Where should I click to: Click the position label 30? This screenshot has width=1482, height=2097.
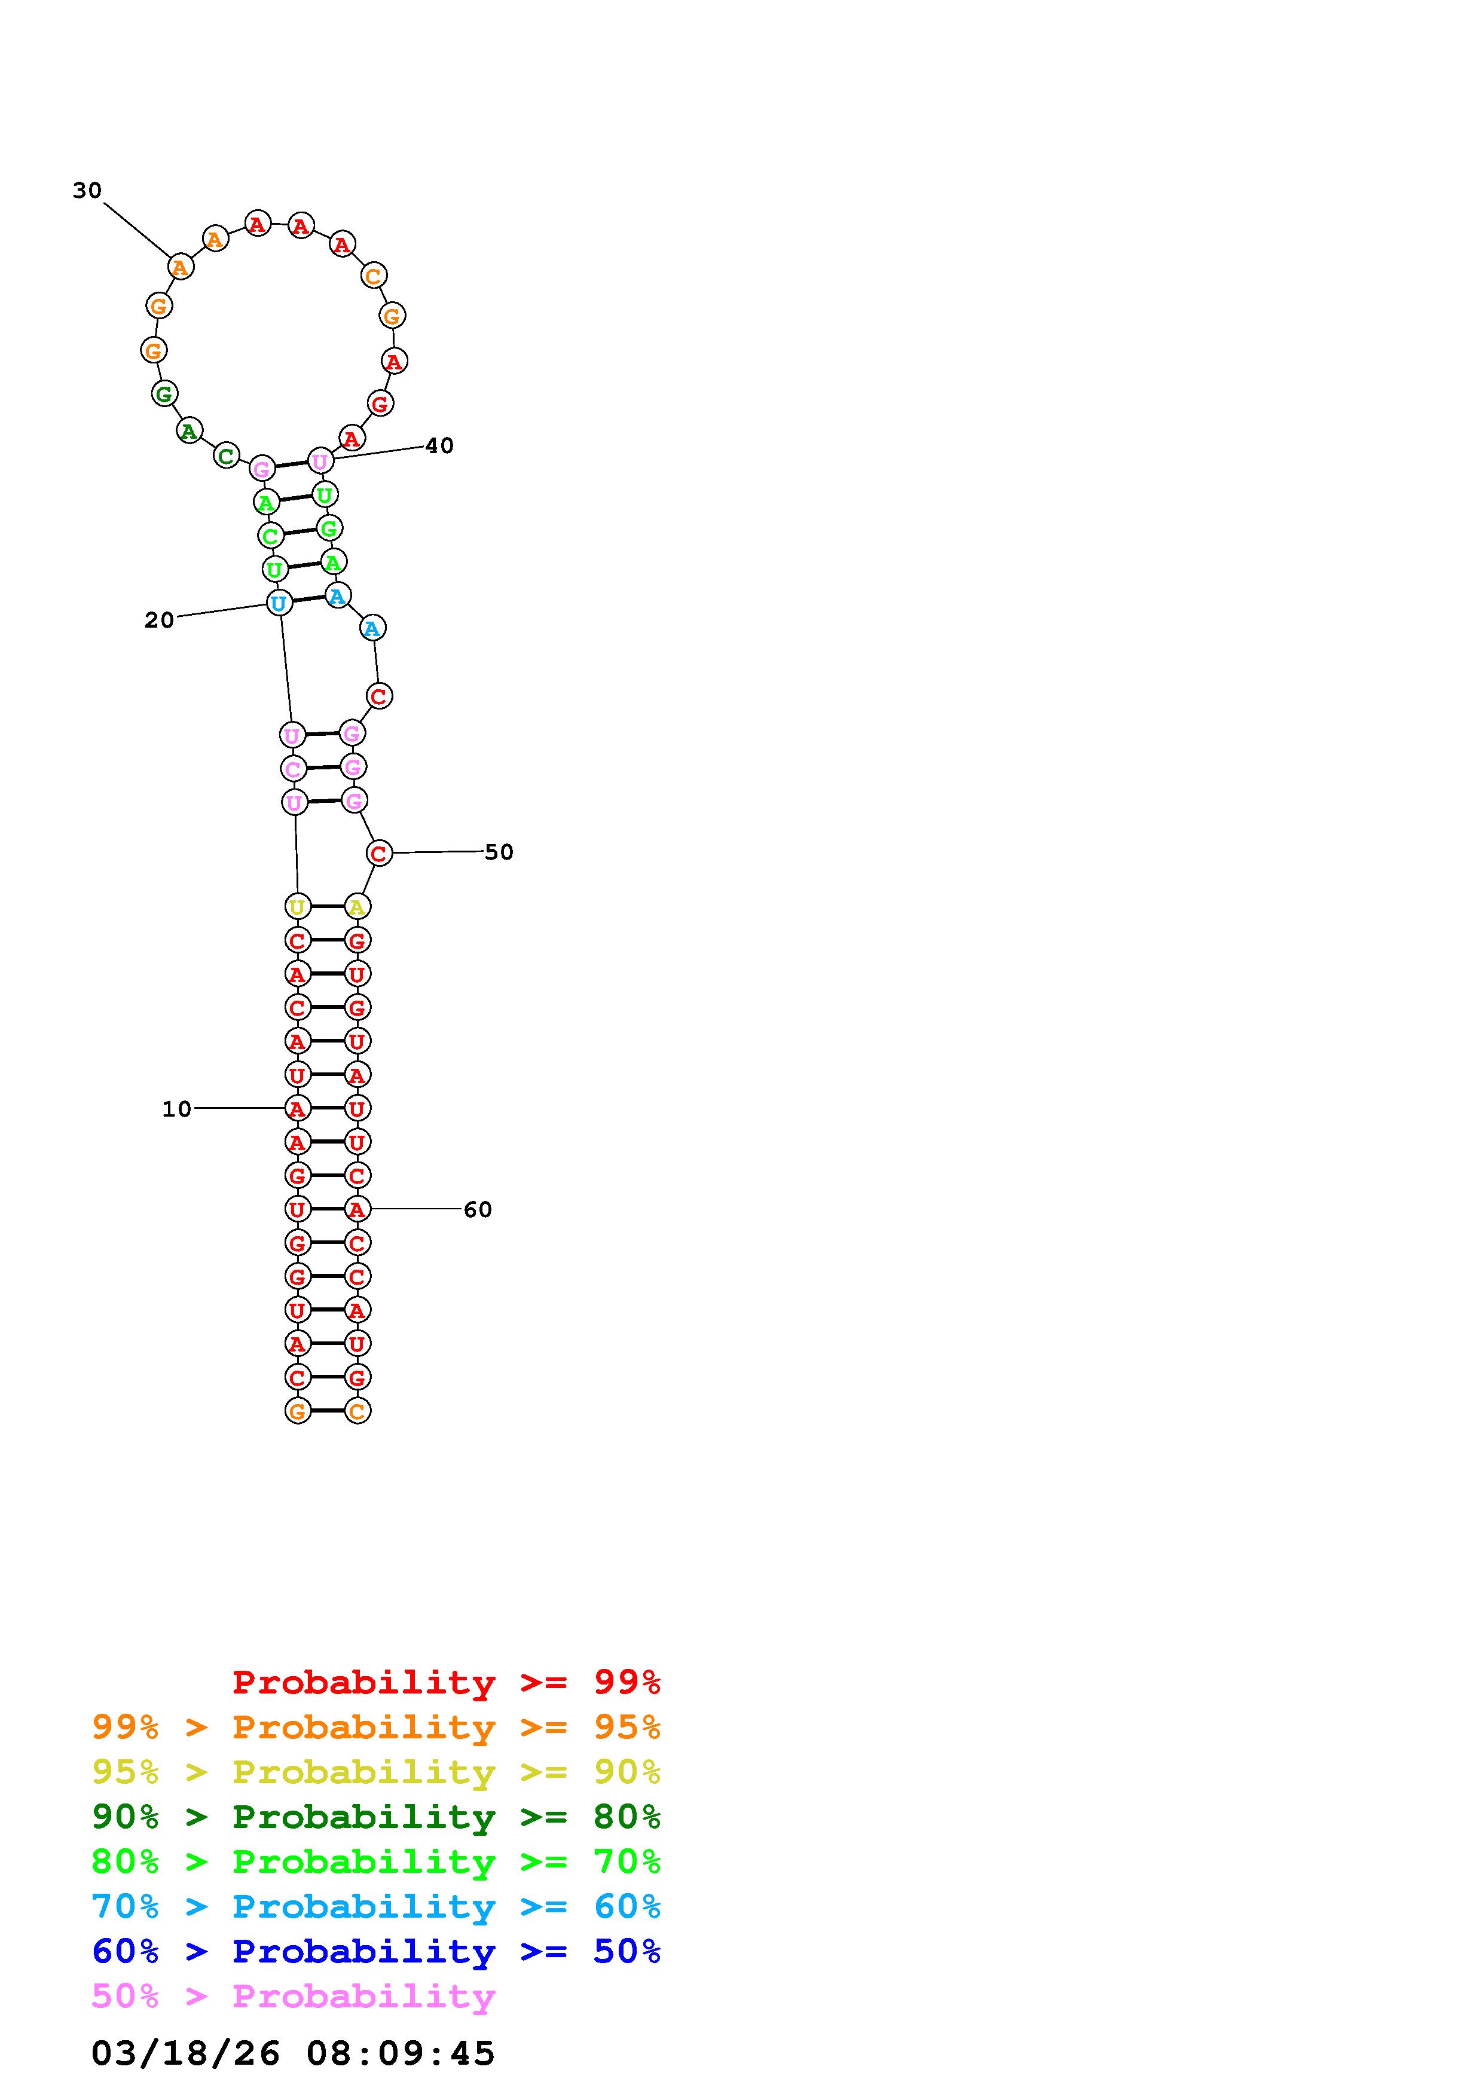[x=88, y=190]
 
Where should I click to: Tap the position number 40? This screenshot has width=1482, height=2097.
[x=439, y=446]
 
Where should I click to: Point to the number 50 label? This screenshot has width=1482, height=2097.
[x=499, y=852]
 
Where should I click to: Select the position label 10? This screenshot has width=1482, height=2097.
[x=177, y=1109]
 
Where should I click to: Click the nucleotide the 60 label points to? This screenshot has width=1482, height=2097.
[x=357, y=1209]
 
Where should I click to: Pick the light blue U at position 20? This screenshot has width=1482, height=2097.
[x=279, y=603]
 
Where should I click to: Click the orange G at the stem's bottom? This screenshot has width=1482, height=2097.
[x=297, y=1411]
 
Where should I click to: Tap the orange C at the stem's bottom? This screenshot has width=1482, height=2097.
[x=357, y=1411]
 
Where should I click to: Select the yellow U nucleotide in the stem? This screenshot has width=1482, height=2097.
[x=297, y=907]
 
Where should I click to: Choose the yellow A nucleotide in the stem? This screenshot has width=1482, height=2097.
[x=357, y=907]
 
